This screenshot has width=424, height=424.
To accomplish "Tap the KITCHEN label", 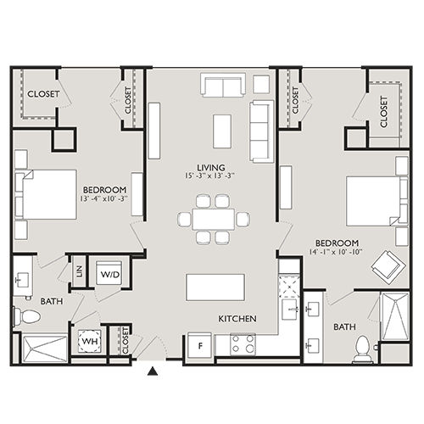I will click(237, 319).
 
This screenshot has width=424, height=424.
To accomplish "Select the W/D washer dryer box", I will click(110, 275).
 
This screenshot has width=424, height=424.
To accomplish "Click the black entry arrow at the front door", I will click(153, 370).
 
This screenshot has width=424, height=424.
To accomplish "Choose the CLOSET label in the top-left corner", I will click(43, 94).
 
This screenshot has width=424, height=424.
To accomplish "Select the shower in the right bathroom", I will click(394, 318).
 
